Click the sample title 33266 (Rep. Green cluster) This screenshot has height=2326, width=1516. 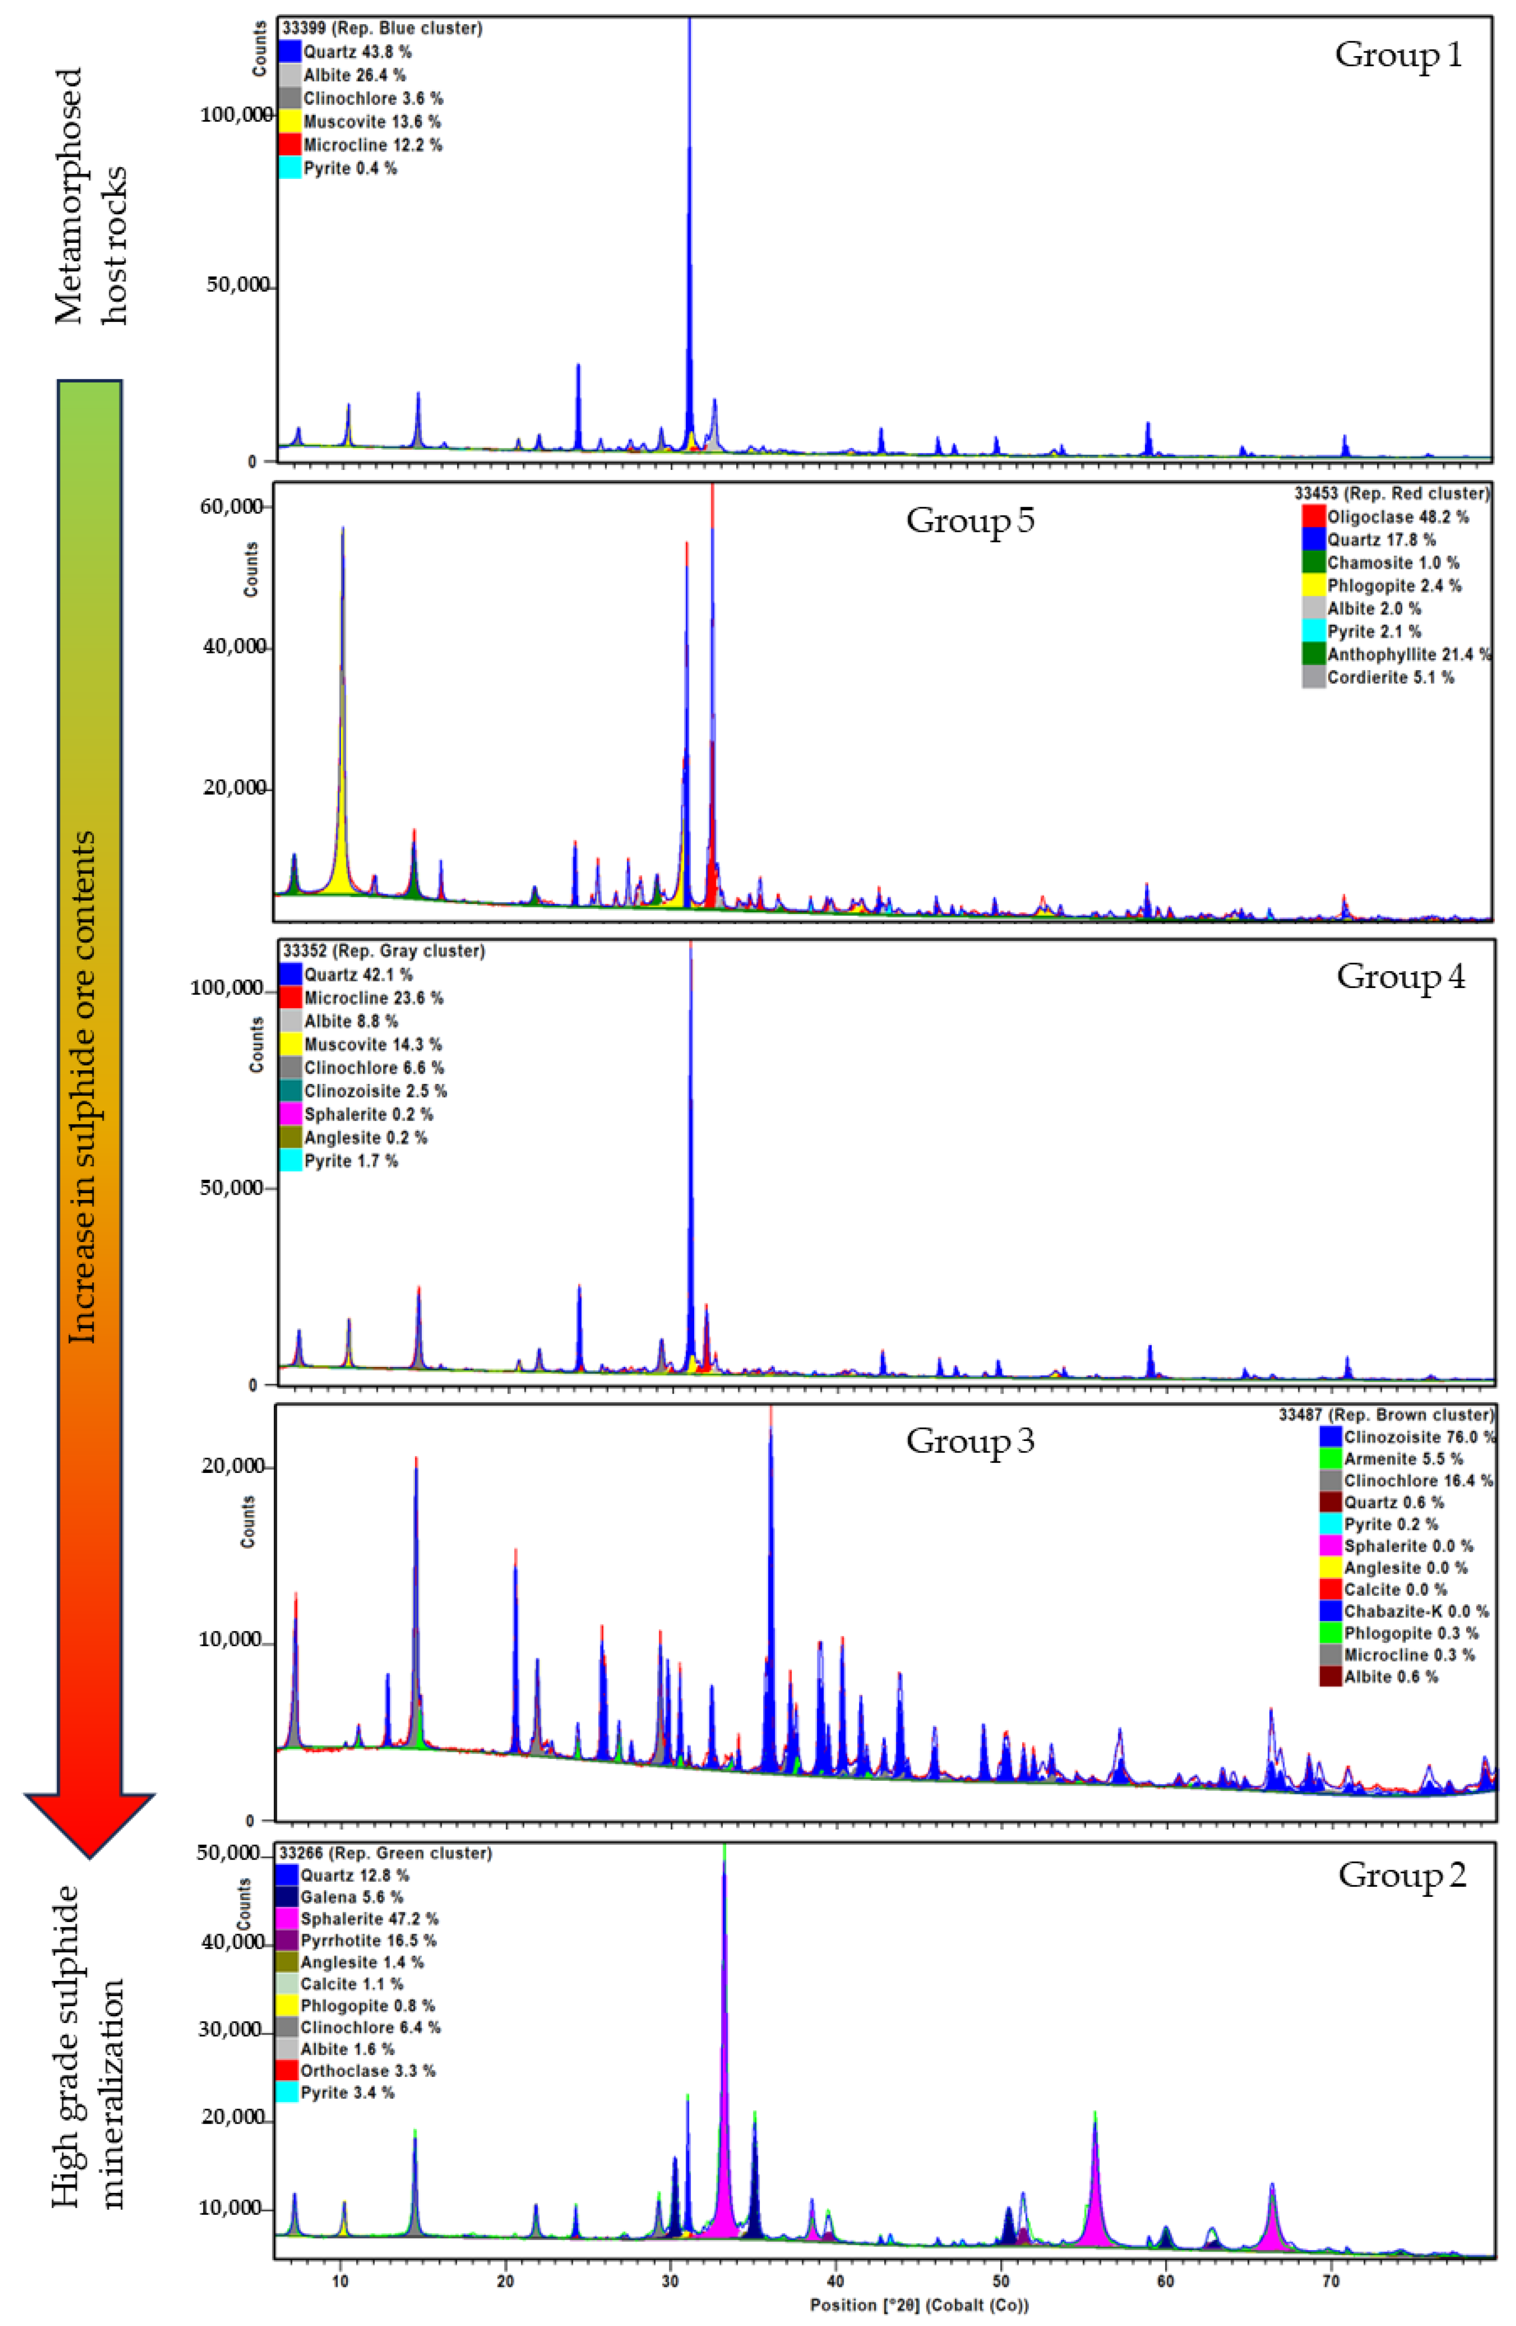click(x=385, y=1853)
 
